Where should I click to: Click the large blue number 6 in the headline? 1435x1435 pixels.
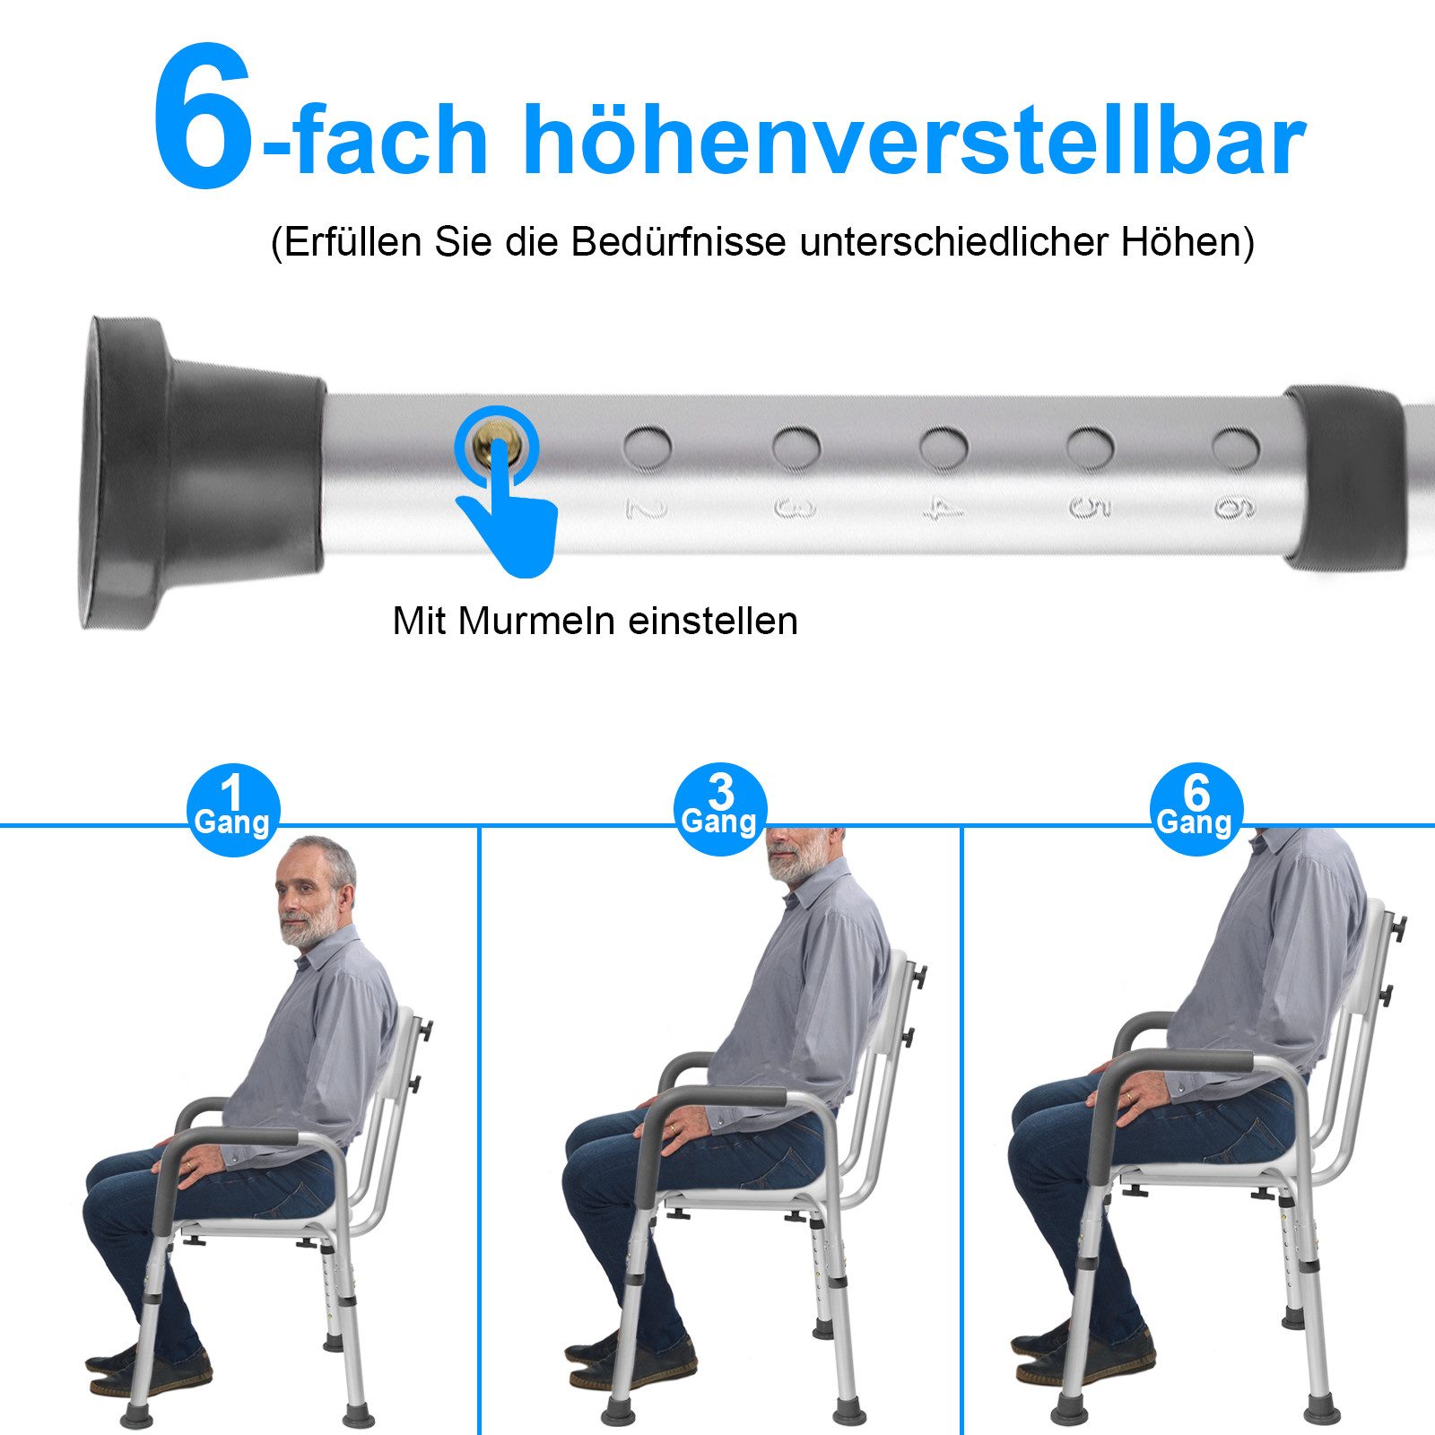coord(204,117)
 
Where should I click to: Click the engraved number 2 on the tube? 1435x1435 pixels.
coord(647,509)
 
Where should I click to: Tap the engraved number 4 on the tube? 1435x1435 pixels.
coord(944,509)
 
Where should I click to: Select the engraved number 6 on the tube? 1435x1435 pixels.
coord(1235,509)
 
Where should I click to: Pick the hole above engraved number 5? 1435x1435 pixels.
coord(1090,446)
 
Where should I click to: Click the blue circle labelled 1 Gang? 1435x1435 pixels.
coord(233,809)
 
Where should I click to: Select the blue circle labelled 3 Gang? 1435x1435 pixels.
coord(720,809)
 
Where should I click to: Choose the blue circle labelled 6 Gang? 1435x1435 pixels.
coord(1196,809)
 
